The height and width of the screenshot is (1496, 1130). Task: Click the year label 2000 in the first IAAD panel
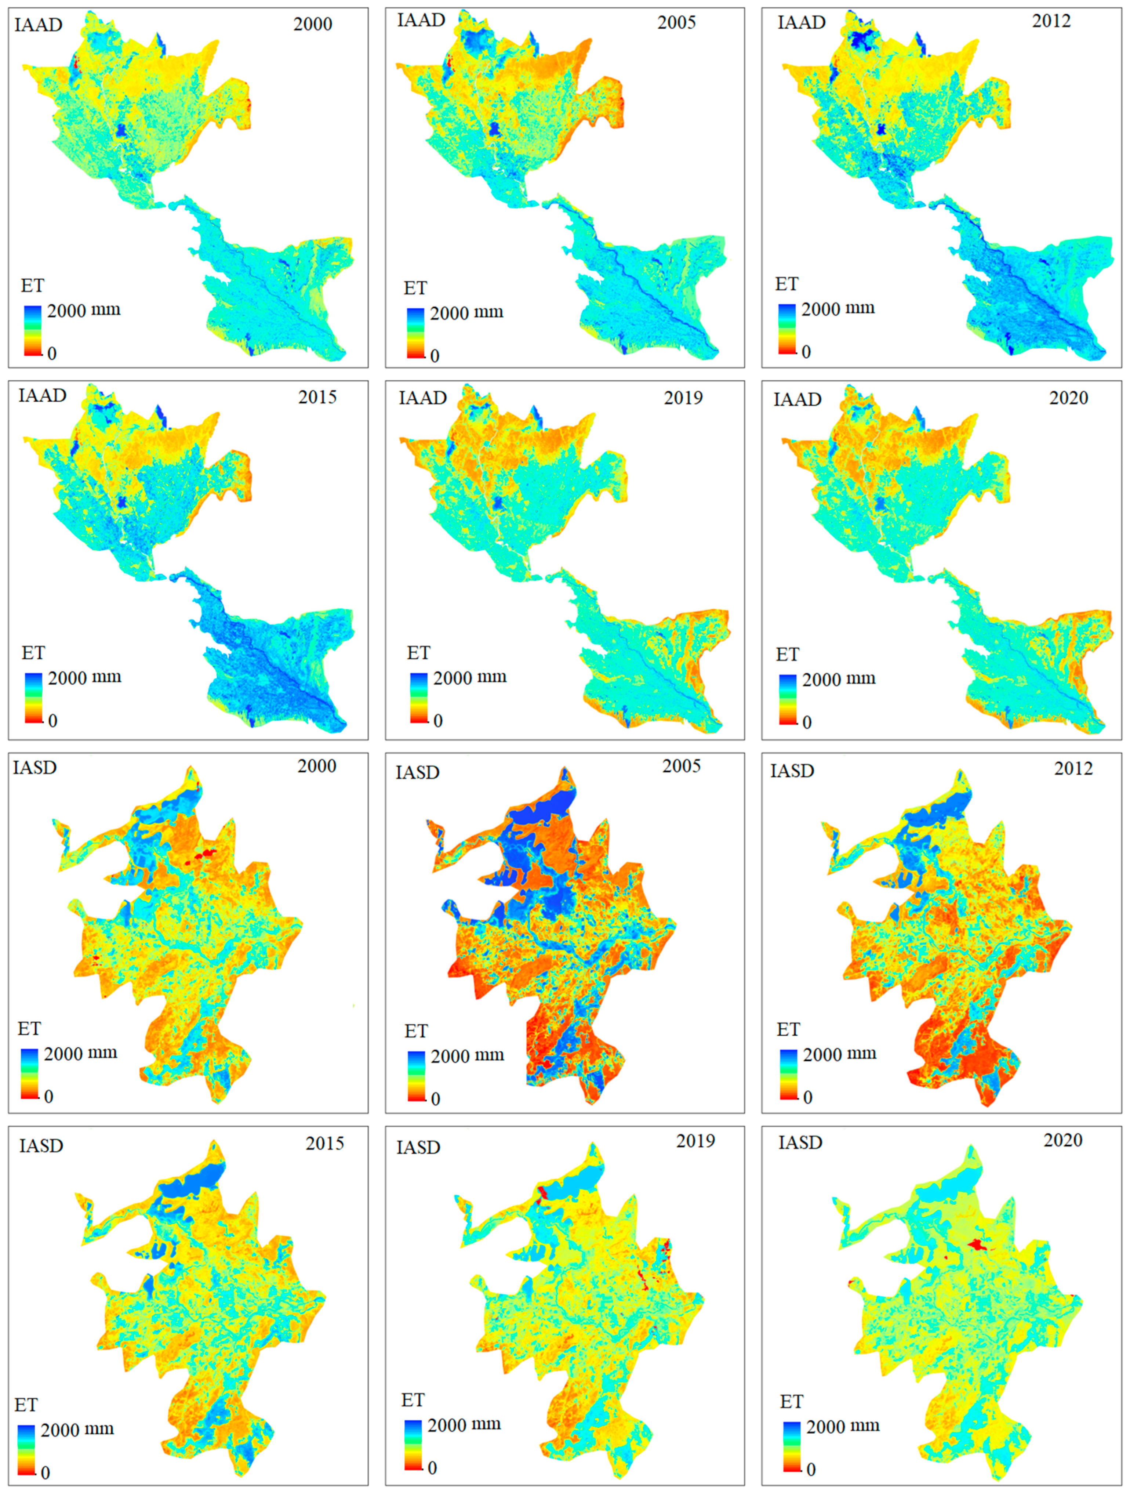point(312,24)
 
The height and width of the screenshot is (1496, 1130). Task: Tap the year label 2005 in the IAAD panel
point(676,22)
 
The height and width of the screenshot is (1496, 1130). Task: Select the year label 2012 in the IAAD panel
point(1051,21)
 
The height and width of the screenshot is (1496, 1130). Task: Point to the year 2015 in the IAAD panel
point(317,397)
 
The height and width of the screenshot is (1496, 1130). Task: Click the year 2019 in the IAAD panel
point(683,398)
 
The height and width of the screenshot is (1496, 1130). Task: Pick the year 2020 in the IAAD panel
point(1068,398)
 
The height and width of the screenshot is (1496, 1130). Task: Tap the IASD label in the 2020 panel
point(800,1142)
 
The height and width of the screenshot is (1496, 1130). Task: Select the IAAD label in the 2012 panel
point(801,22)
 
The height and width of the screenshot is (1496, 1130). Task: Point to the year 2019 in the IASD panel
point(695,1141)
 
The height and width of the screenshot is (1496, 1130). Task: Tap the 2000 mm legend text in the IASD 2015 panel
point(77,1429)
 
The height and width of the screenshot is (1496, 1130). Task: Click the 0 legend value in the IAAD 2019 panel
point(437,721)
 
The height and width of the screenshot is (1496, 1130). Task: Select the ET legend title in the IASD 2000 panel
point(29,1029)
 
